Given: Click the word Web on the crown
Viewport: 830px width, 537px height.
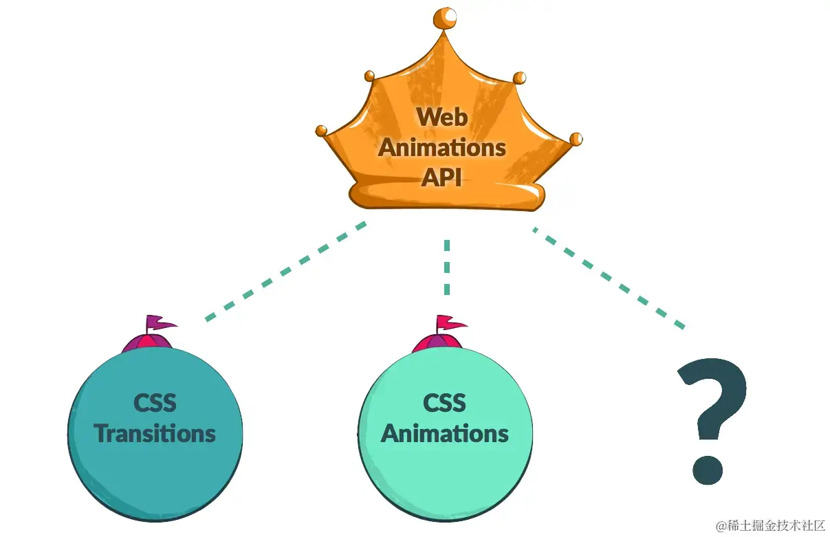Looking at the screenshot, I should [x=442, y=116].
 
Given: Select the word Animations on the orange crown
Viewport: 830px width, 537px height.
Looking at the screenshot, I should [x=442, y=146].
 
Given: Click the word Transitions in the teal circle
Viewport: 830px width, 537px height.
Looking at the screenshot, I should [x=155, y=433].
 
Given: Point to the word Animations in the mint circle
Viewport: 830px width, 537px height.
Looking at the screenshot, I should [x=444, y=433].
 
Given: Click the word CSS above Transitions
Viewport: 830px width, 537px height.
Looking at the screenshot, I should [x=155, y=402].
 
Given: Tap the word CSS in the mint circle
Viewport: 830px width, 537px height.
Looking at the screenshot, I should [x=444, y=402].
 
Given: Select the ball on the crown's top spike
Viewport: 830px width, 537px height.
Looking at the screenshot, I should [x=447, y=18].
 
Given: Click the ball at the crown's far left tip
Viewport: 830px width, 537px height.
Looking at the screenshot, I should [x=321, y=130].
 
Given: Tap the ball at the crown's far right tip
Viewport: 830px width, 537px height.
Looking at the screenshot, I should [x=576, y=139].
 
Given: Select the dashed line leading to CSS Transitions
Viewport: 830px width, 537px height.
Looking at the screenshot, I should [x=285, y=271].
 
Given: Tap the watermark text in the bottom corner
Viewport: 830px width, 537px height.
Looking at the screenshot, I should [x=769, y=526].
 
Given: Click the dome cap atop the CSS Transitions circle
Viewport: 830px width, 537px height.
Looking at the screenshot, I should [x=147, y=343].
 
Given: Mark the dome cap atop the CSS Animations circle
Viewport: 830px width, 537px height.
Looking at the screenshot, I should [x=437, y=343].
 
